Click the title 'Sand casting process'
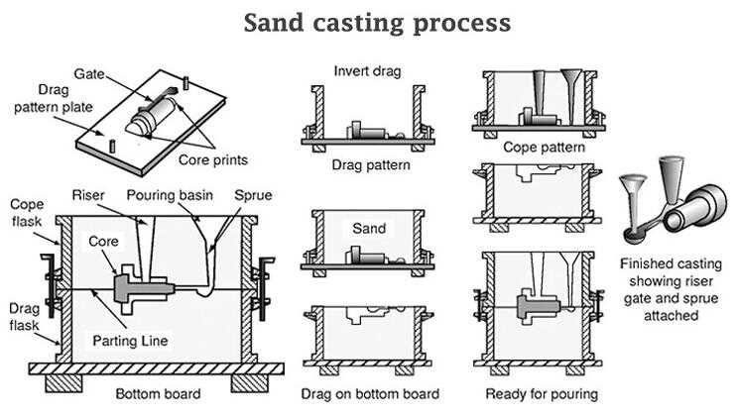(x=377, y=22)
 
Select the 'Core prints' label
(x=212, y=160)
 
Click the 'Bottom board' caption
(x=158, y=394)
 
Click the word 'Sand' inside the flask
(x=369, y=229)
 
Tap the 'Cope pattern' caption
(x=541, y=147)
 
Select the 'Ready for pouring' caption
(x=541, y=394)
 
